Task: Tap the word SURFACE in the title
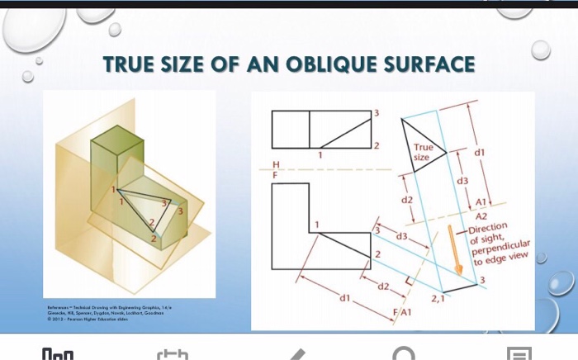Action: pos(432,64)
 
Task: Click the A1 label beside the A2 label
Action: pos(485,202)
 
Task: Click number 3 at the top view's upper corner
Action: pos(377,112)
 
